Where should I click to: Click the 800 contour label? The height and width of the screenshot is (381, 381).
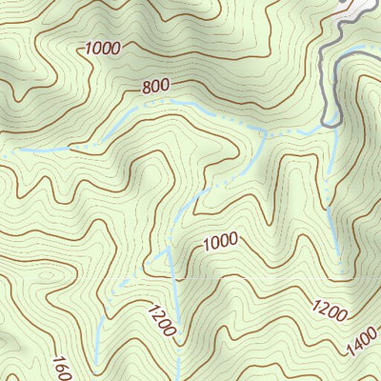coord(155,86)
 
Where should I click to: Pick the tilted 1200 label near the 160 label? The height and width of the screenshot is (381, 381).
coord(160,318)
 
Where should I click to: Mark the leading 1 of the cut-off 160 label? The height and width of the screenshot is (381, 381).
coord(57,360)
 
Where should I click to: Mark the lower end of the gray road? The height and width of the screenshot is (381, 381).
coord(327,122)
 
